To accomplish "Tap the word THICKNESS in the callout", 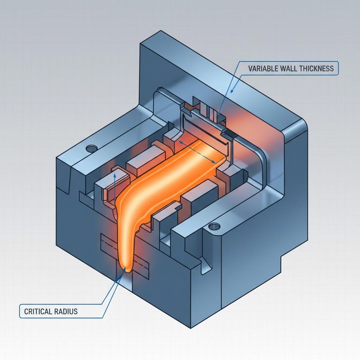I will (x=317, y=68).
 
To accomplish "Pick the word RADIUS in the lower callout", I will (x=66, y=311).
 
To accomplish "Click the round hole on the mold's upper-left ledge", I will (x=92, y=148).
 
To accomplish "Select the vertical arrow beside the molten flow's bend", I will (x=115, y=186).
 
